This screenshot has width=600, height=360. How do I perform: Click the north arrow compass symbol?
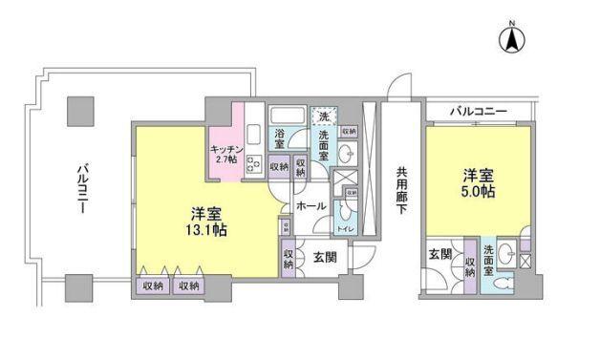click(510, 39)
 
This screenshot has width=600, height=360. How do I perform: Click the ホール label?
click(310, 205)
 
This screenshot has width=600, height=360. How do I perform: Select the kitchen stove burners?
click(255, 163)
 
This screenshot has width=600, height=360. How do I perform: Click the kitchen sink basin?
click(255, 133)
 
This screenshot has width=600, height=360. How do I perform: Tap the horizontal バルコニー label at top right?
click(478, 112)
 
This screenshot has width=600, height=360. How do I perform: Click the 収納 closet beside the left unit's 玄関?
click(289, 259)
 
